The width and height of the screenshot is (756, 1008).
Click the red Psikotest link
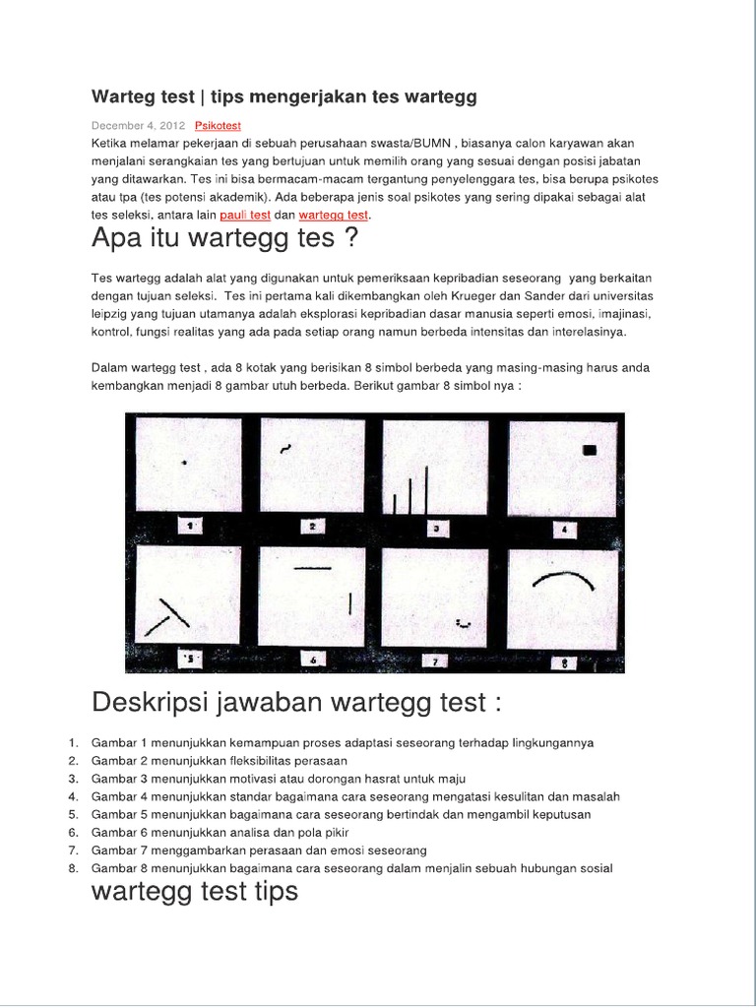point(218,126)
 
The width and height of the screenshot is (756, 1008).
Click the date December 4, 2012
point(138,126)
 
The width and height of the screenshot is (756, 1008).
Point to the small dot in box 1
point(185,462)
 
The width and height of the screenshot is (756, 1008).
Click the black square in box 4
point(590,450)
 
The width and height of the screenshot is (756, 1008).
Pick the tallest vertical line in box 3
point(426,489)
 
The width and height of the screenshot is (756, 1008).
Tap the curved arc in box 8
point(563,581)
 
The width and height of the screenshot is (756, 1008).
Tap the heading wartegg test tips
point(194,892)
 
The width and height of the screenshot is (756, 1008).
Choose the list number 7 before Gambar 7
point(73,850)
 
